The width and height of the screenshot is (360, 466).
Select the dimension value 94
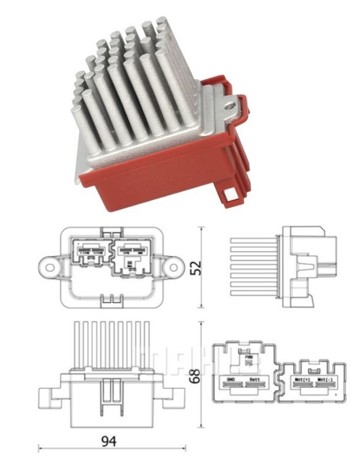[108, 441]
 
